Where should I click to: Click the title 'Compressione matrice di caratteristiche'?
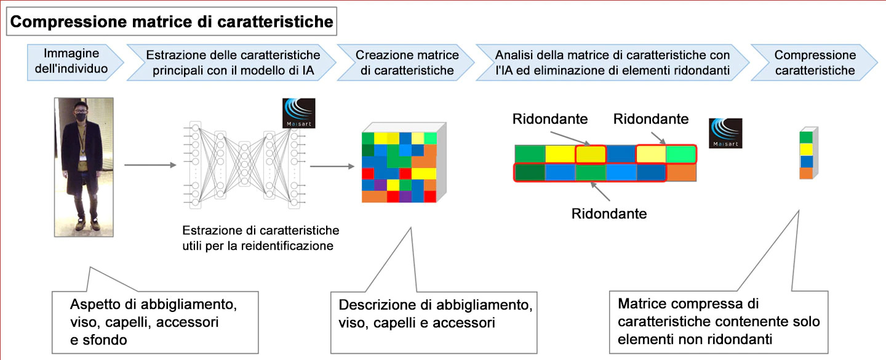point(172,23)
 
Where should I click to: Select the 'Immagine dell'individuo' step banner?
point(71,61)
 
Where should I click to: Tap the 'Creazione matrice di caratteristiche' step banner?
point(407,62)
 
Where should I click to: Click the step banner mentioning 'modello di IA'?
point(231,62)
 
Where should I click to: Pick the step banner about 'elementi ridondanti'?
point(612,62)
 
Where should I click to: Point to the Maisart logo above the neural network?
point(298,113)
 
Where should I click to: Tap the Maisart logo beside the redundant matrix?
point(725,133)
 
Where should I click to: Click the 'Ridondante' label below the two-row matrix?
point(609,214)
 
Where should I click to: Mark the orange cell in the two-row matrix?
point(681,172)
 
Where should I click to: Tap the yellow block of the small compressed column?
point(805,150)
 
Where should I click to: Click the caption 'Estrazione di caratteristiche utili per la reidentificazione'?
point(261,239)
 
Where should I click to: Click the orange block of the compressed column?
point(805,173)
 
